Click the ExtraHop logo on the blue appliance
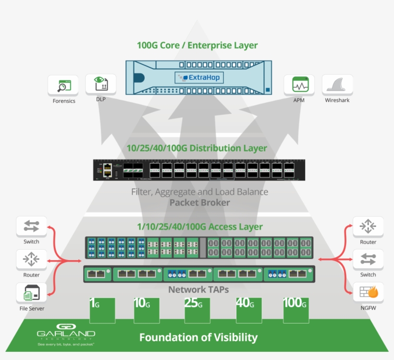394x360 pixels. [x=199, y=77]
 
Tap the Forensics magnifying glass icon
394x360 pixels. [x=63, y=85]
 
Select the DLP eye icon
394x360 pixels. [x=100, y=84]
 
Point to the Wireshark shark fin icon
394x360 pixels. [x=337, y=85]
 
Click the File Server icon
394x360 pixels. [x=32, y=292]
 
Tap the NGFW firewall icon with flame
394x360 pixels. [x=368, y=292]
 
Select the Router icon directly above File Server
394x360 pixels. [x=32, y=259]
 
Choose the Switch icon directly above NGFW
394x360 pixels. [x=368, y=259]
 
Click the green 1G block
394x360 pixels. [x=102, y=310]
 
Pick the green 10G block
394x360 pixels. [x=147, y=310]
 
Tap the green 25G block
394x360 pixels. [x=197, y=310]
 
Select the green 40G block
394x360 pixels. [x=248, y=310]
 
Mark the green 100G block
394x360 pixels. [x=296, y=310]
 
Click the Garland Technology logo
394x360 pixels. [x=66, y=336]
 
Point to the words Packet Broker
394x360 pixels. [x=199, y=203]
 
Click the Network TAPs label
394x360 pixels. [x=198, y=289]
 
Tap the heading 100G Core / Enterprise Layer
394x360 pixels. [x=197, y=46]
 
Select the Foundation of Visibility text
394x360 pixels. [x=198, y=337]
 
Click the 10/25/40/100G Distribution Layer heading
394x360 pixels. [x=197, y=148]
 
